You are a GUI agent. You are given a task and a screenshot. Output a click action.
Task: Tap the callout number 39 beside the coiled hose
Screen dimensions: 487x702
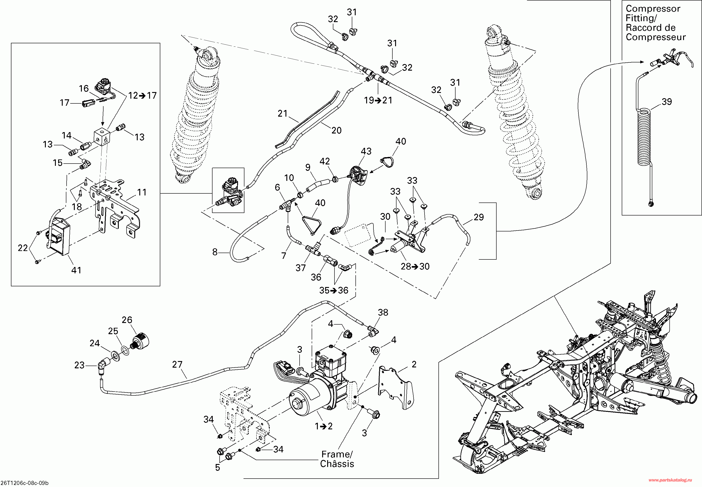[x=667, y=102]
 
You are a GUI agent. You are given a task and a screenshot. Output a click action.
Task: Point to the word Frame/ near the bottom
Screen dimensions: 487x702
[x=337, y=454]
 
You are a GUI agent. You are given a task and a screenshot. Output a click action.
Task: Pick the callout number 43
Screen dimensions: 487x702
[x=366, y=151]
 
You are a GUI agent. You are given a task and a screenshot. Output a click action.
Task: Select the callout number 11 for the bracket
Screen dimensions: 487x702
[x=142, y=192]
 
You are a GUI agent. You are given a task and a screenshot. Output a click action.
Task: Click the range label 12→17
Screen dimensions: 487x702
[x=142, y=95]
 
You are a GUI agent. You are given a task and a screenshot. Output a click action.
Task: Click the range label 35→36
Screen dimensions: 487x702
[x=334, y=290]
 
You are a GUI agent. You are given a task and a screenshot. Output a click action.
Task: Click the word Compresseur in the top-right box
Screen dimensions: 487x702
[x=655, y=37]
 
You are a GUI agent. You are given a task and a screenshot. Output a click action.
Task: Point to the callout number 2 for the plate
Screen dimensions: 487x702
[x=414, y=364]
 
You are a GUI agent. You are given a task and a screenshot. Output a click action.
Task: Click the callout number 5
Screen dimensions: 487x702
[x=218, y=467]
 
